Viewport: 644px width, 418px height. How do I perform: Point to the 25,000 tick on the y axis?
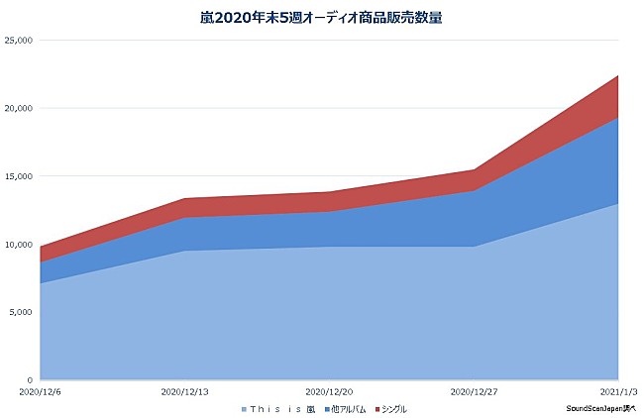click(19, 40)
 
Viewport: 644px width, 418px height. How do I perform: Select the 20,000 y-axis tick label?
click(19, 108)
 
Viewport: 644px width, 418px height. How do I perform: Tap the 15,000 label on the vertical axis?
click(19, 176)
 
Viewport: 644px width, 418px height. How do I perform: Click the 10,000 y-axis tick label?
click(19, 245)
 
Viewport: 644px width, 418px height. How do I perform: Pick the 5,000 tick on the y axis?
click(21, 312)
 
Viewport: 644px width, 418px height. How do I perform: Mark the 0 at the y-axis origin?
click(31, 380)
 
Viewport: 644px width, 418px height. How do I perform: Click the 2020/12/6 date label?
click(40, 392)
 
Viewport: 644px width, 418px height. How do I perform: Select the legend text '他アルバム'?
click(346, 408)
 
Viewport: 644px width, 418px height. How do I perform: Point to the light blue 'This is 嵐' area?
click(297, 317)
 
